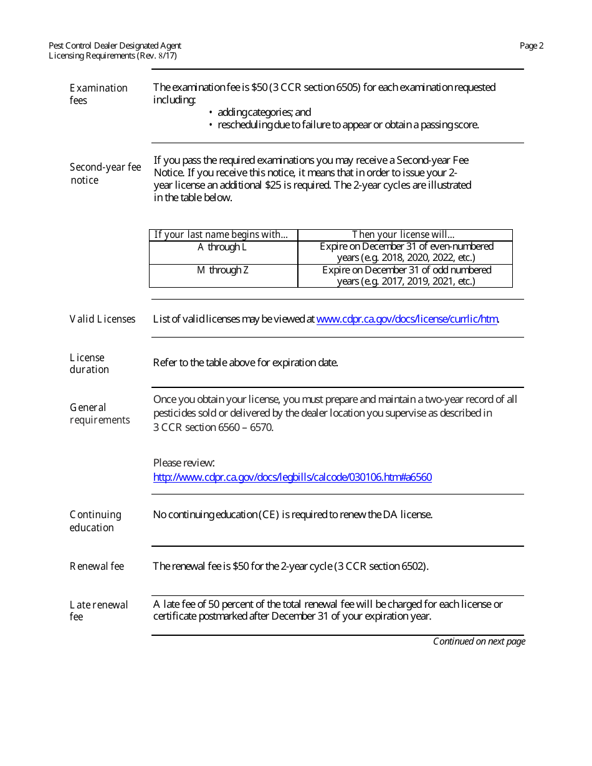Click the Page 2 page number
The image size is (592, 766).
coord(532,45)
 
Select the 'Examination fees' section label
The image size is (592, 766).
coord(98,94)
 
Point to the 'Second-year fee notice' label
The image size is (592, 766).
coord(105,174)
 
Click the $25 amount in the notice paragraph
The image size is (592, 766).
coord(270,185)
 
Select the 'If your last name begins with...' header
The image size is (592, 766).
coord(221,235)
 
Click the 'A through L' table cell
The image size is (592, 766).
coord(222,247)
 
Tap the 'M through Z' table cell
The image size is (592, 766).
coord(222,270)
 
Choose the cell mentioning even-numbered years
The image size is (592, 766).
coord(406,252)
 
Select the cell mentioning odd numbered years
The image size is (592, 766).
coord(406,275)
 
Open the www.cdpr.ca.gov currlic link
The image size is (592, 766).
coord(407,319)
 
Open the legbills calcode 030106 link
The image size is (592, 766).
coord(292,478)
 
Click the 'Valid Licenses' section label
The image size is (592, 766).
coord(102,319)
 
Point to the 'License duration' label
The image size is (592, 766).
coord(89,364)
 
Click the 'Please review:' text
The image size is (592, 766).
coord(184,463)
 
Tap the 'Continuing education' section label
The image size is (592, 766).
coord(95,521)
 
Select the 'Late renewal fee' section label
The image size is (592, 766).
coord(98,611)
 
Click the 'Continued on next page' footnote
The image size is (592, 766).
coord(479,641)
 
